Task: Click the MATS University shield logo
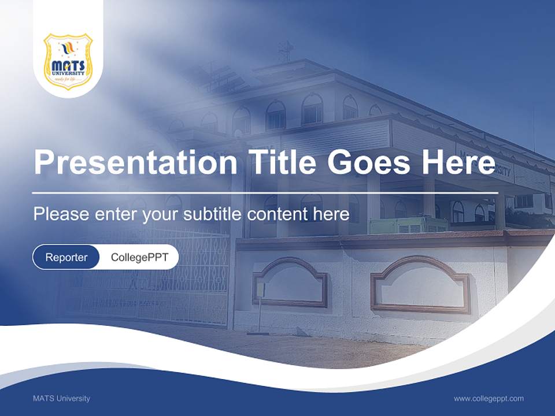click(68, 61)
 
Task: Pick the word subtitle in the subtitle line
click(213, 214)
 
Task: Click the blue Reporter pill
click(66, 257)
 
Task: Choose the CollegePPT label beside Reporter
click(139, 257)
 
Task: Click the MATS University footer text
click(61, 398)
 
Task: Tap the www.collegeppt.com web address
click(489, 398)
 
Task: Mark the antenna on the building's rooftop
click(286, 51)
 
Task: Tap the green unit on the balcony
click(408, 224)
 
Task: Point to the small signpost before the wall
click(260, 306)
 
